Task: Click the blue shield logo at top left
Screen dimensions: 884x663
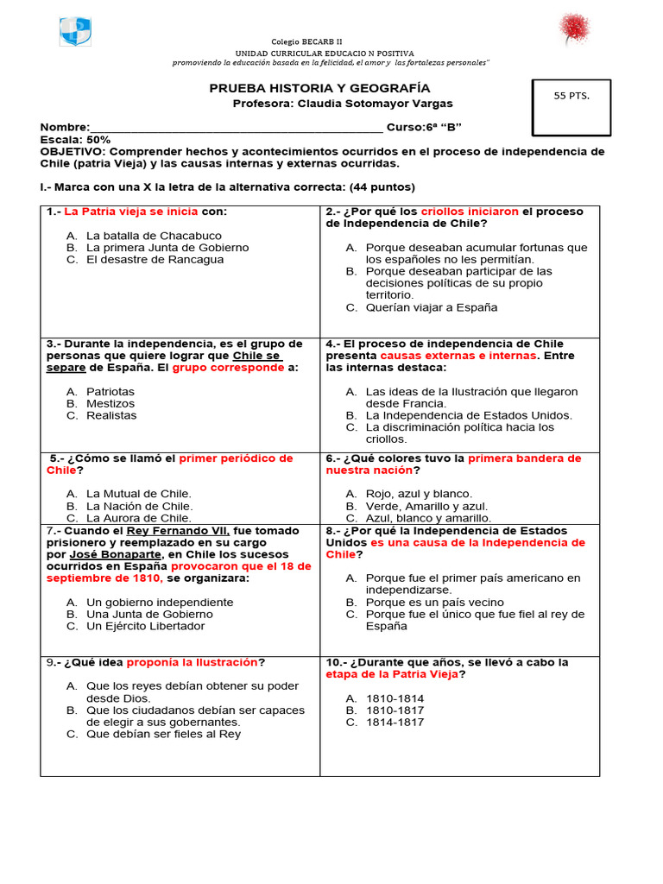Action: pos(75,32)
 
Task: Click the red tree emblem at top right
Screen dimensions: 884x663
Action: pos(573,28)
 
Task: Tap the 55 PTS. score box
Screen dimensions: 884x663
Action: pos(571,108)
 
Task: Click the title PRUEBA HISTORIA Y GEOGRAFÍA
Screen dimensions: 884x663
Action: pos(320,89)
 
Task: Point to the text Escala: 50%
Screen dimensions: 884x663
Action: pos(75,139)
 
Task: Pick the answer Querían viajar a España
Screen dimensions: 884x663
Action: pos(431,307)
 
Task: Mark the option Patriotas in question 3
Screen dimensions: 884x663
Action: pos(110,391)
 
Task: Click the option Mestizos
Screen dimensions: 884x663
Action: pos(111,403)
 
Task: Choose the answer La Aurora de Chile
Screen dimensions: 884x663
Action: pos(139,518)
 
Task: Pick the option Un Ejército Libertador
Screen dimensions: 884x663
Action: pos(146,626)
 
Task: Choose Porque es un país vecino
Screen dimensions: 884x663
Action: pos(434,603)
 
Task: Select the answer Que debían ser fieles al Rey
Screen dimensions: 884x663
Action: pos(163,734)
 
